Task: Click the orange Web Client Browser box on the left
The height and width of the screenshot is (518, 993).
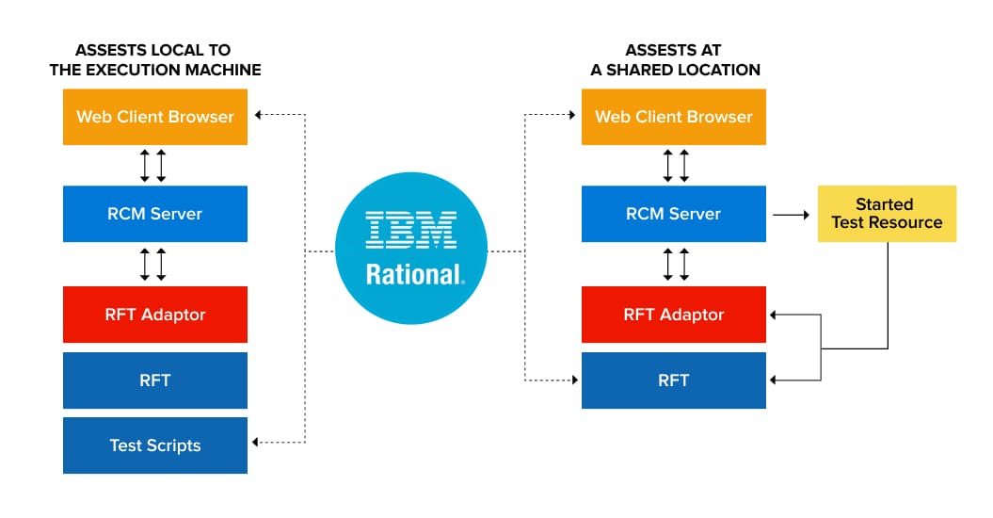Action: [154, 117]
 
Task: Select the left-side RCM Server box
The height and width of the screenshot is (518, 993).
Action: [154, 214]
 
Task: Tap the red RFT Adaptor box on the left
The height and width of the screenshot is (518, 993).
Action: [154, 315]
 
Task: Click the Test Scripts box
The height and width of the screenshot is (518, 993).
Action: [154, 445]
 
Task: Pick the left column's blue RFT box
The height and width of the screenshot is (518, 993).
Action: [154, 380]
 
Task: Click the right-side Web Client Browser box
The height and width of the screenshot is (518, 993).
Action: [673, 117]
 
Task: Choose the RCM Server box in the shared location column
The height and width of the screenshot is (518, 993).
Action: [673, 214]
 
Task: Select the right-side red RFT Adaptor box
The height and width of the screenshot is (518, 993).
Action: [673, 315]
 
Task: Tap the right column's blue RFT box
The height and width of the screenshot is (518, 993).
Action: [673, 380]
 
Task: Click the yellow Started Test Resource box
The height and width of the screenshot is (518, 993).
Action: [885, 214]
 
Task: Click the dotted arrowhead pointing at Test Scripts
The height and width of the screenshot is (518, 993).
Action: [256, 443]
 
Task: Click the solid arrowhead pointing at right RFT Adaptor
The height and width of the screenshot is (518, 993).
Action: [775, 316]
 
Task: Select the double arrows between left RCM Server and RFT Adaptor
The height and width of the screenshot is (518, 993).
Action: [152, 265]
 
